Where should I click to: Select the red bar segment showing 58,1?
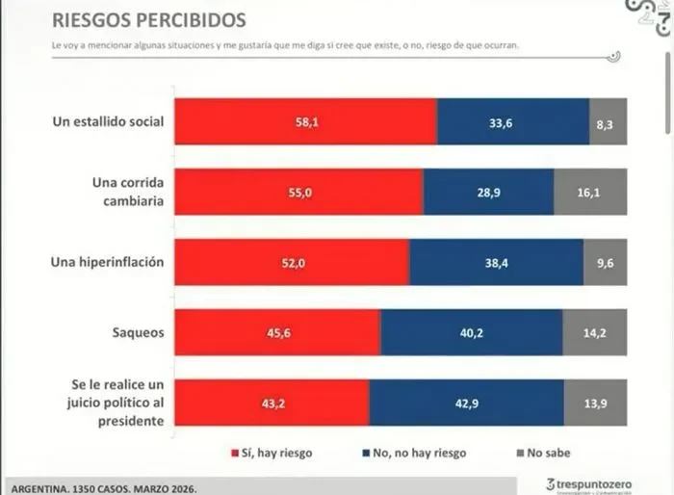click(x=304, y=122)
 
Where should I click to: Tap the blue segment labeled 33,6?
click(x=512, y=122)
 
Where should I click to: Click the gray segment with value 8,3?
click(x=608, y=122)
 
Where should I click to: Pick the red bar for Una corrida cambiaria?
click(x=298, y=192)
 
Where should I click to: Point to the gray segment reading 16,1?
click(x=590, y=192)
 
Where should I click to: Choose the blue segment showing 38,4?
click(x=496, y=262)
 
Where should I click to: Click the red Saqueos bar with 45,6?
click(x=276, y=332)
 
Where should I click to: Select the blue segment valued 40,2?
click(x=471, y=332)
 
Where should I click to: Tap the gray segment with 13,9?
click(x=595, y=403)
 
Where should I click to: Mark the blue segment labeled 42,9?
click(x=466, y=403)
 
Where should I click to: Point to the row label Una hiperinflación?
click(x=107, y=262)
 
